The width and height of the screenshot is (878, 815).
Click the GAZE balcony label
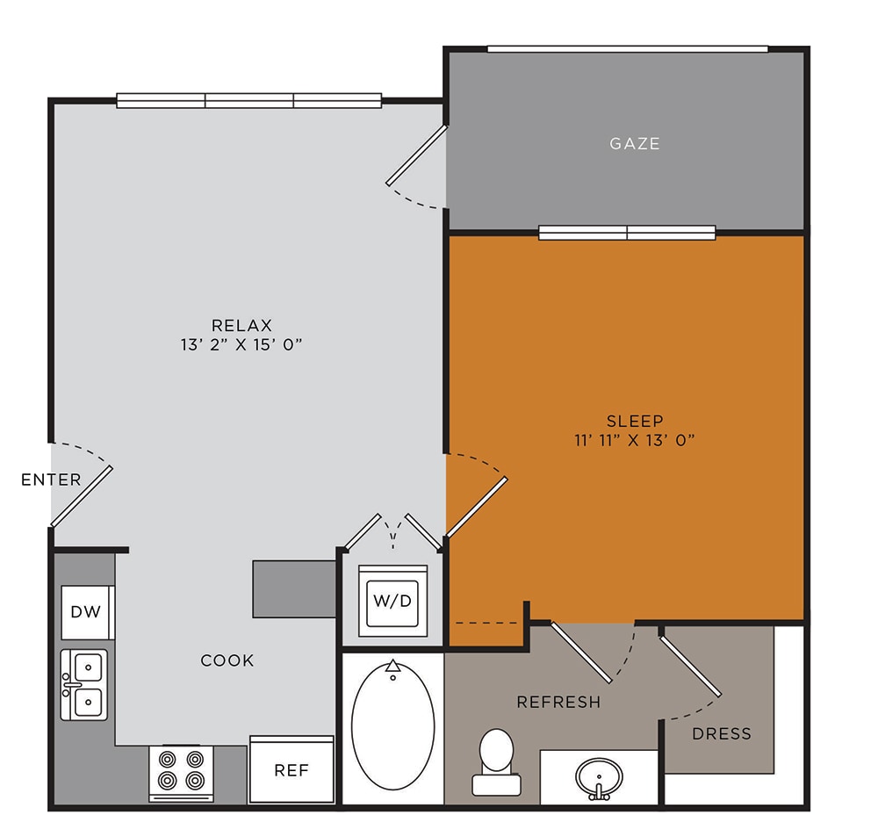635,144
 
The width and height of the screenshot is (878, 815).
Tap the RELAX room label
242,326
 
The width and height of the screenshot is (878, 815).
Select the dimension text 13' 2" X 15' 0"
241,344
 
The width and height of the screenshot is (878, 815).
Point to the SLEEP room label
635,421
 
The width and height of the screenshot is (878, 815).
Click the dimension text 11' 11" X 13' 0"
635,440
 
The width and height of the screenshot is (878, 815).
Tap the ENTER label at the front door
51,480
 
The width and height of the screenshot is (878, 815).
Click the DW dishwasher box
87,612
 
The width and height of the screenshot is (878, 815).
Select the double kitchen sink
84,684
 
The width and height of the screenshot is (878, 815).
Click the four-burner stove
181,773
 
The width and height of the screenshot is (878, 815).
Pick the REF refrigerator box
291,769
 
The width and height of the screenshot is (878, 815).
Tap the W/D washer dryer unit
392,601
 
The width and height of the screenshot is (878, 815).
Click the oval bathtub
393,726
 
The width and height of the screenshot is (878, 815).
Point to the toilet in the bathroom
496,761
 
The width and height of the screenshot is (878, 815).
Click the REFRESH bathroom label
558,702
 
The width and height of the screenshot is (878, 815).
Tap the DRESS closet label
722,734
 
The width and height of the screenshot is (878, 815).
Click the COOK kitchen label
227,660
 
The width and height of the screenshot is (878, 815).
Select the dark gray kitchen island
294,589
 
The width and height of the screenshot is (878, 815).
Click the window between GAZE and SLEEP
627,233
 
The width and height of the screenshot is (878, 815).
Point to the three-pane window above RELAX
249,101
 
